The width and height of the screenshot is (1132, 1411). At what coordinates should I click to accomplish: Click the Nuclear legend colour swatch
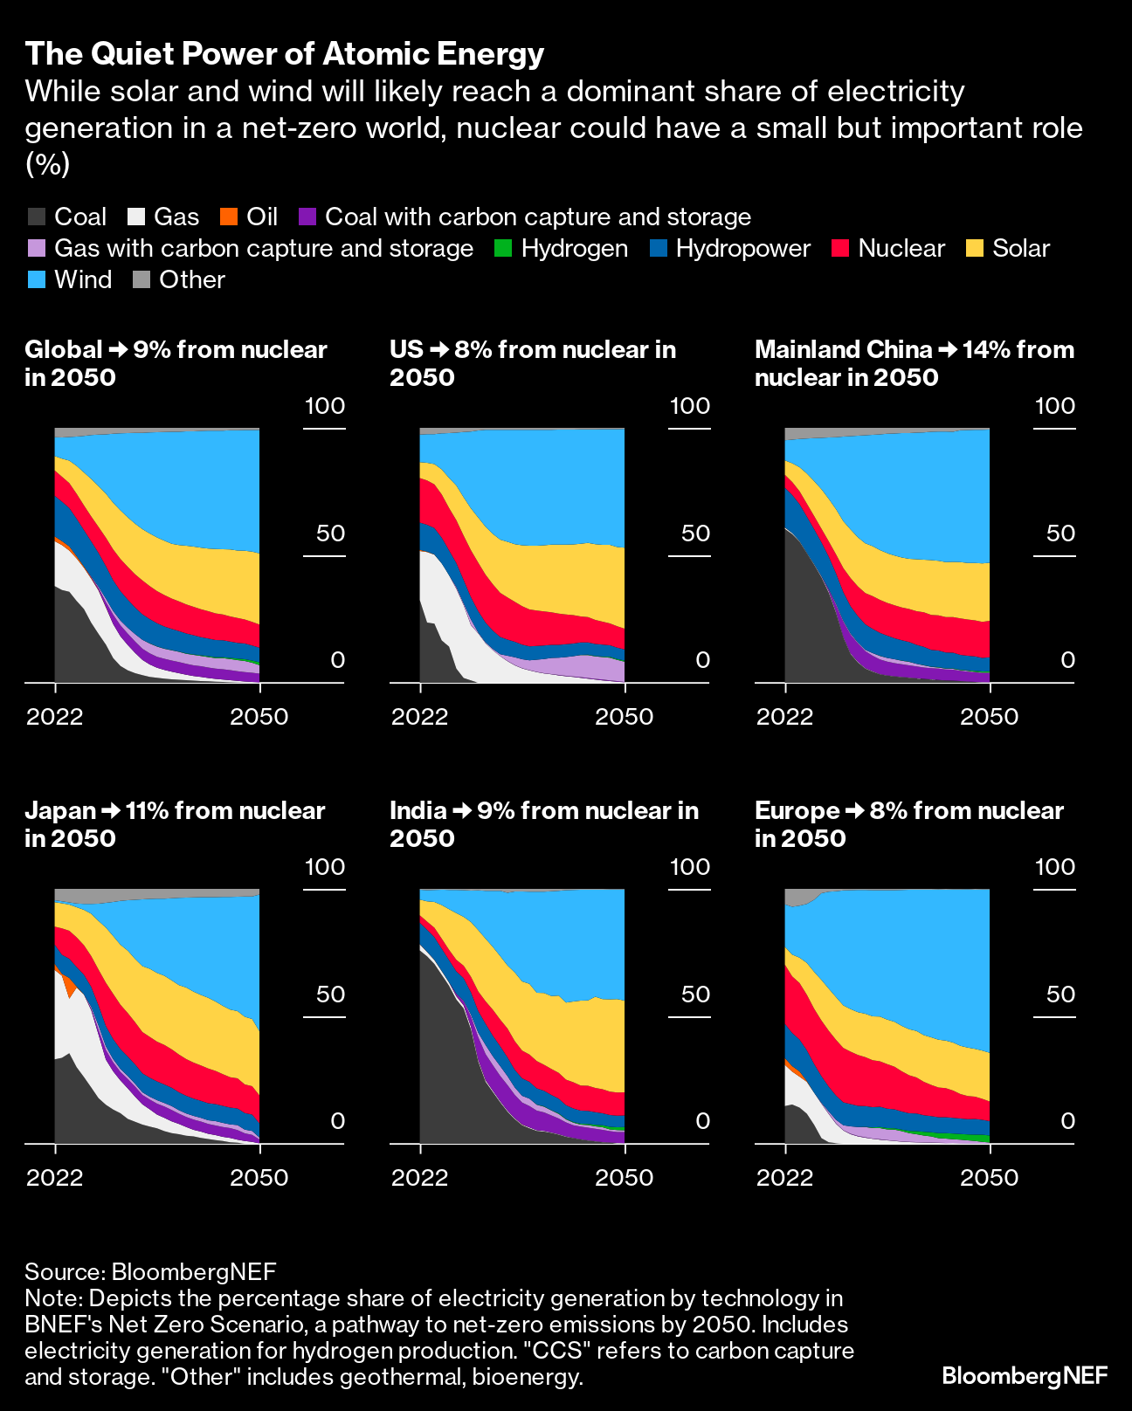coord(839,248)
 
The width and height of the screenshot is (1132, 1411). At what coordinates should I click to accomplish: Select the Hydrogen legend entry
coord(574,248)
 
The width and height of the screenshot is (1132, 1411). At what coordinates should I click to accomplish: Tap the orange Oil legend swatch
coord(227,217)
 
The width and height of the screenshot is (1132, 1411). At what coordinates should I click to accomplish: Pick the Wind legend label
coord(83,279)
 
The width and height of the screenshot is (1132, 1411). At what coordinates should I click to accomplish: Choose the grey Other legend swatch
coord(141,279)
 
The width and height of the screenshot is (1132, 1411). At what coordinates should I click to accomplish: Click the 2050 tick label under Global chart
coord(259,717)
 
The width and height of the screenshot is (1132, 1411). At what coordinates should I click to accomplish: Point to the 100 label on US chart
coord(690,406)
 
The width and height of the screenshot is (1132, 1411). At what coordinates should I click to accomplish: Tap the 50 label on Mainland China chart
coord(1060,533)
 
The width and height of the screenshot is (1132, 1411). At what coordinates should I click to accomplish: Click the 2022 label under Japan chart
coord(54,1178)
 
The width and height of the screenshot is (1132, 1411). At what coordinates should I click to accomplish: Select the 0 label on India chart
coord(702,1120)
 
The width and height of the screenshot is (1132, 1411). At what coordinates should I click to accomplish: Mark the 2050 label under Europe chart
coord(989,1178)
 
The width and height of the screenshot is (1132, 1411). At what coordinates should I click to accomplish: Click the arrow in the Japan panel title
coord(111,810)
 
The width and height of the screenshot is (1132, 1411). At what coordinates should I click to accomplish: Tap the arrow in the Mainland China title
coord(947,349)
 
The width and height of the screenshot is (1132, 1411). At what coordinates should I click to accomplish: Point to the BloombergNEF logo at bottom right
coord(1025,1376)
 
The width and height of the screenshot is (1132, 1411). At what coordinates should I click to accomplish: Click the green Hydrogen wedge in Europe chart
coord(970,1137)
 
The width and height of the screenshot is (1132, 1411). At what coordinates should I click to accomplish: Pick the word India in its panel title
coord(418,810)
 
